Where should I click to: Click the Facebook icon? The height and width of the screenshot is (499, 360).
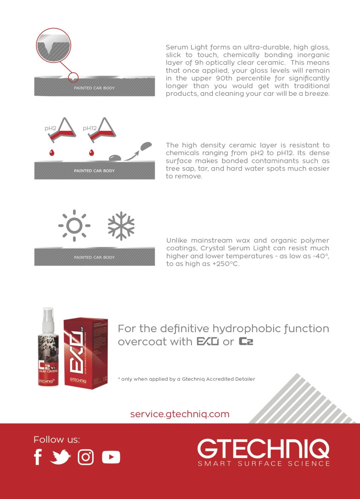point(38,457)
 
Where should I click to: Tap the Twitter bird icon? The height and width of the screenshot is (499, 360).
point(60,457)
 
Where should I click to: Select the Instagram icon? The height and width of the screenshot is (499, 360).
point(86,457)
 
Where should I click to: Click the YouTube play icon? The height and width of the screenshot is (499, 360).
point(111,457)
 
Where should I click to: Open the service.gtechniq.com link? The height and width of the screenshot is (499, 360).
point(180,414)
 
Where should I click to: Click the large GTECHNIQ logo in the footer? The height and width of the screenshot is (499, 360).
point(263,448)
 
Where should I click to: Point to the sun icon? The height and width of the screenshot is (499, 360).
point(74,226)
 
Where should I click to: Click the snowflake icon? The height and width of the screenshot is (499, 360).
point(121,226)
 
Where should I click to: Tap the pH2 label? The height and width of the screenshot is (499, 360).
point(50,128)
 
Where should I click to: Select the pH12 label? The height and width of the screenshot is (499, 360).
point(90,128)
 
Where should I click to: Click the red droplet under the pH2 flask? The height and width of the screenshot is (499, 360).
point(52,153)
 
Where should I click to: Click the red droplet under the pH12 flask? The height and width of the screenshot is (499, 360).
point(92,153)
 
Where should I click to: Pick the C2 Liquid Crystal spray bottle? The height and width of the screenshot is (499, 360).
point(48,353)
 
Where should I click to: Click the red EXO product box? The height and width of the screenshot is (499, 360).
point(86,353)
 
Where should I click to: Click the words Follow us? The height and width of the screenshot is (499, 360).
point(57,440)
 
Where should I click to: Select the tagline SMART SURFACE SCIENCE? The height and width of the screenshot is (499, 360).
point(264,464)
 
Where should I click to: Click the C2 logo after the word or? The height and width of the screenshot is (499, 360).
point(246,341)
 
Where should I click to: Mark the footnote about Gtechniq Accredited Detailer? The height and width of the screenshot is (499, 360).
point(187,379)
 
